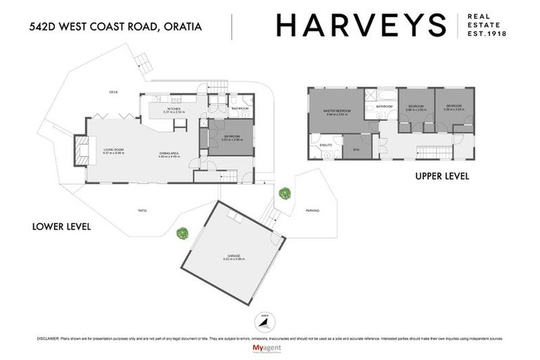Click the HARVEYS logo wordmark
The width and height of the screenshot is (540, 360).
361,25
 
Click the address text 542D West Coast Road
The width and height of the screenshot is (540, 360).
116,27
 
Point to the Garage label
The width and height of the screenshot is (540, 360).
234,255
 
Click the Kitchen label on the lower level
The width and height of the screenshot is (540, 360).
173,109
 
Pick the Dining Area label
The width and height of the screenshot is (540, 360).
169,155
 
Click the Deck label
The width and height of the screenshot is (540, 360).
112,92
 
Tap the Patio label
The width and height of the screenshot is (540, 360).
142,210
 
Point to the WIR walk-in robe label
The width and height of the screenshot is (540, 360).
356,150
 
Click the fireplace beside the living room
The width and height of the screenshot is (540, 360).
82,149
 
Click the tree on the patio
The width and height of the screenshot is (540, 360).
183,233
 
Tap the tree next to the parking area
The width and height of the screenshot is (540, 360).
284,193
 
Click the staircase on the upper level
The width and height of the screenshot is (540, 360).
432,151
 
